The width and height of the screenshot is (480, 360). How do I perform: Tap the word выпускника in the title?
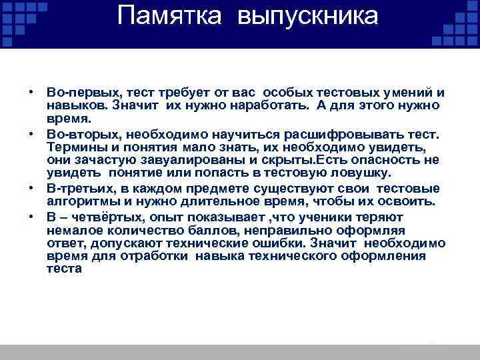tap(307, 17)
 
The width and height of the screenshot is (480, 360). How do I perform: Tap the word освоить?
tap(409, 202)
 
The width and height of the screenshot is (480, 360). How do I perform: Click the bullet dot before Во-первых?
tap(32, 91)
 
